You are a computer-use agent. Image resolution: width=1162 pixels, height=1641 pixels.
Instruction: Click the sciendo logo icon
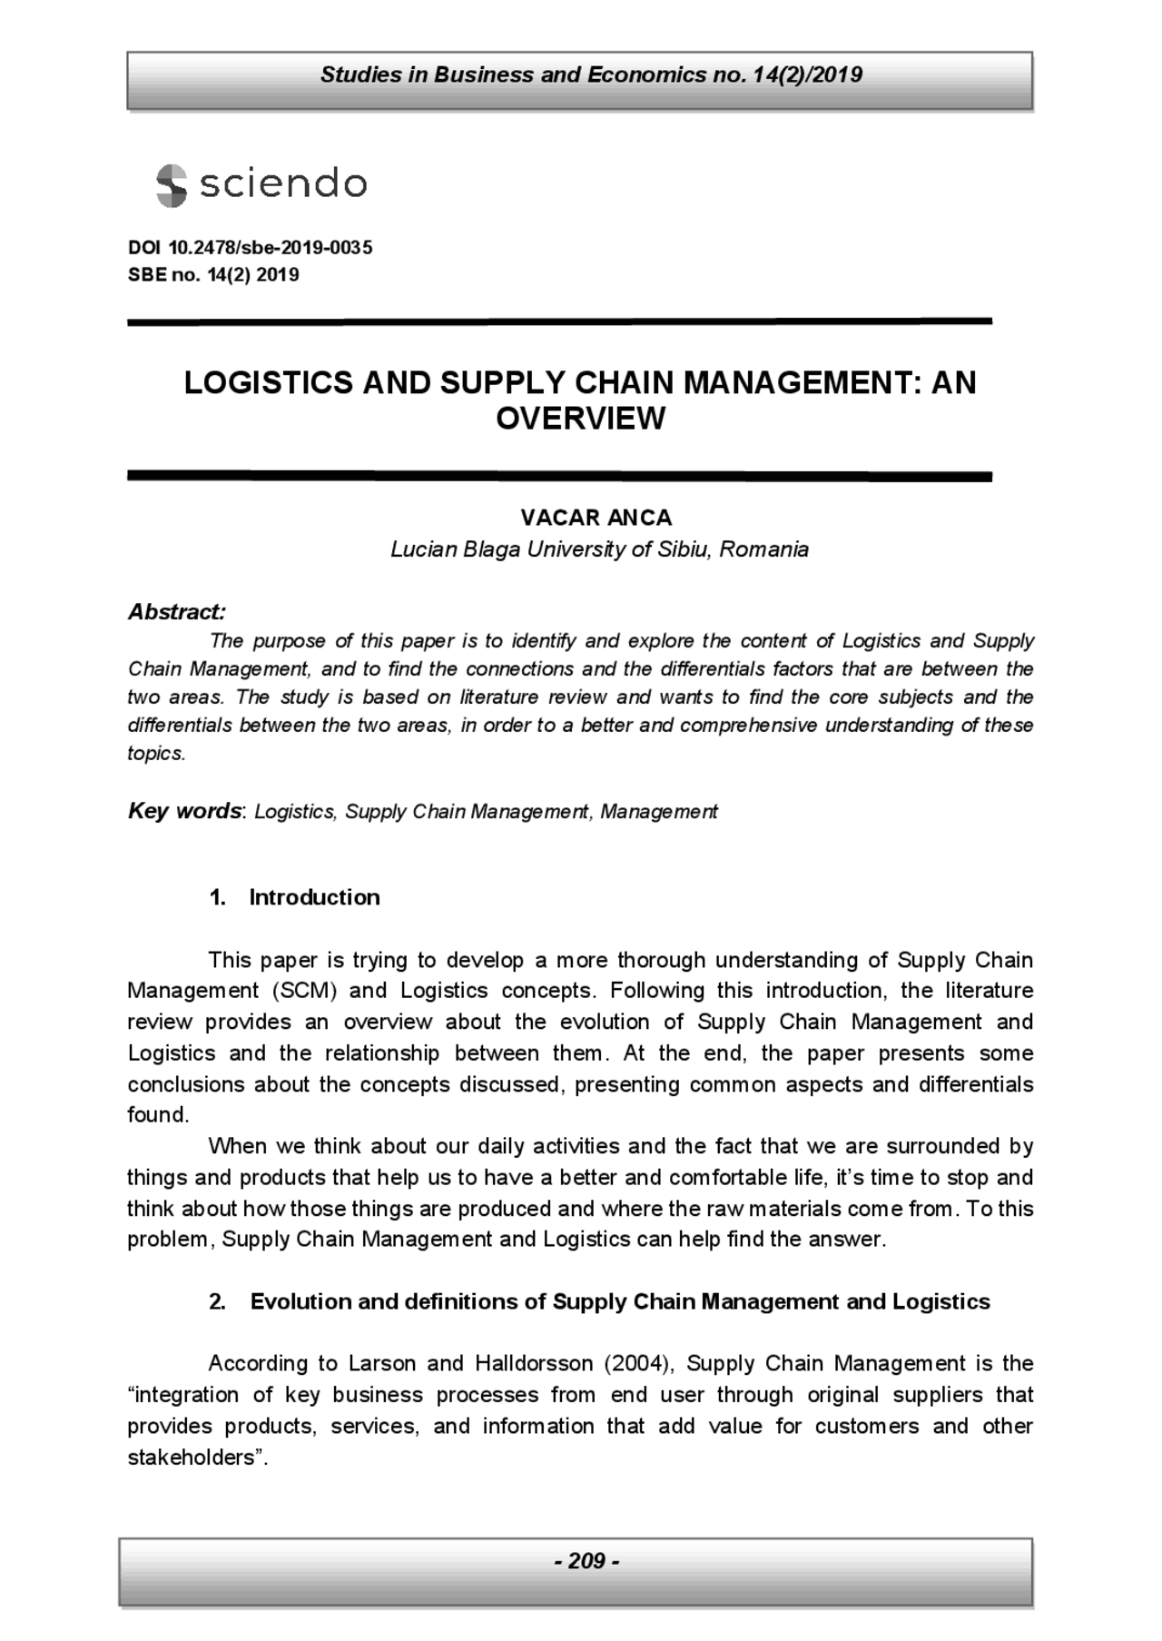click(171, 185)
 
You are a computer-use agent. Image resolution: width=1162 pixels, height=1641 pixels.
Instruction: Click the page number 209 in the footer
click(586, 1560)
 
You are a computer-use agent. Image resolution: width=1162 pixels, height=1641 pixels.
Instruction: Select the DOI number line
click(250, 248)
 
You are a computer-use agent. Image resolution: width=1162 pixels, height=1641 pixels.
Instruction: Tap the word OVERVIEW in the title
click(580, 419)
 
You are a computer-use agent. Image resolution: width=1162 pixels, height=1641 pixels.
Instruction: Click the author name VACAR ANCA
click(596, 518)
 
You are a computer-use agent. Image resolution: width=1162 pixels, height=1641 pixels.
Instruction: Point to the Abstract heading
click(176, 611)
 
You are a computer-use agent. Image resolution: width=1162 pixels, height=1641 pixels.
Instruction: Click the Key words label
click(184, 811)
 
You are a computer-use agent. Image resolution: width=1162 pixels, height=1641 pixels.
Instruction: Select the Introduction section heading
click(314, 897)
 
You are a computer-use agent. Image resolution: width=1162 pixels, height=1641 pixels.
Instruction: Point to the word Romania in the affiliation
click(763, 549)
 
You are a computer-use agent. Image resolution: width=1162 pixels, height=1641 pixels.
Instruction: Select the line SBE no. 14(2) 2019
click(213, 274)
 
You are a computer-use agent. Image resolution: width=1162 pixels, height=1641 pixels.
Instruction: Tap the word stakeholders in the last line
click(189, 1457)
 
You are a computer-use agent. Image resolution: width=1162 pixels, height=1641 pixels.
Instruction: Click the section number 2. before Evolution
click(217, 1301)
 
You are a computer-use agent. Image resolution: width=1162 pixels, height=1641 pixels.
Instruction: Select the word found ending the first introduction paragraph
click(155, 1114)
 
